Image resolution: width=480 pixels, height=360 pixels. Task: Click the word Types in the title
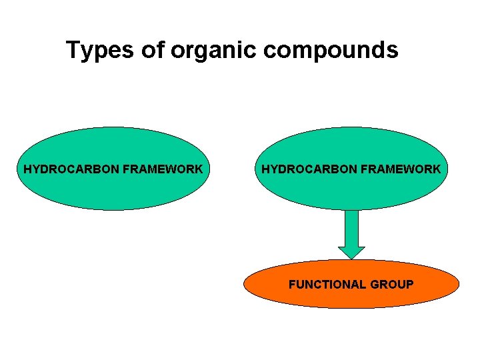pyautogui.click(x=98, y=50)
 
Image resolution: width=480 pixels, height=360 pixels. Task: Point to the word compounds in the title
pyautogui.click(x=329, y=51)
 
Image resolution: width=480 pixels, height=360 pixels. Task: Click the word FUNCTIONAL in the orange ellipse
pyautogui.click(x=327, y=285)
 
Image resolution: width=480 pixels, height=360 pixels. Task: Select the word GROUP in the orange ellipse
pyautogui.click(x=391, y=285)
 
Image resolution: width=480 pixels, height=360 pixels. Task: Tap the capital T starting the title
pyautogui.click(x=73, y=50)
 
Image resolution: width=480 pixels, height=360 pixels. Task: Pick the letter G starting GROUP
pyautogui.click(x=374, y=285)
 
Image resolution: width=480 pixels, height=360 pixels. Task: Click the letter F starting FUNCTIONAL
pyautogui.click(x=291, y=285)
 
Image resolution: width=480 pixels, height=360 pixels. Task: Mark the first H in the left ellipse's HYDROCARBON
pyautogui.click(x=27, y=169)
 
